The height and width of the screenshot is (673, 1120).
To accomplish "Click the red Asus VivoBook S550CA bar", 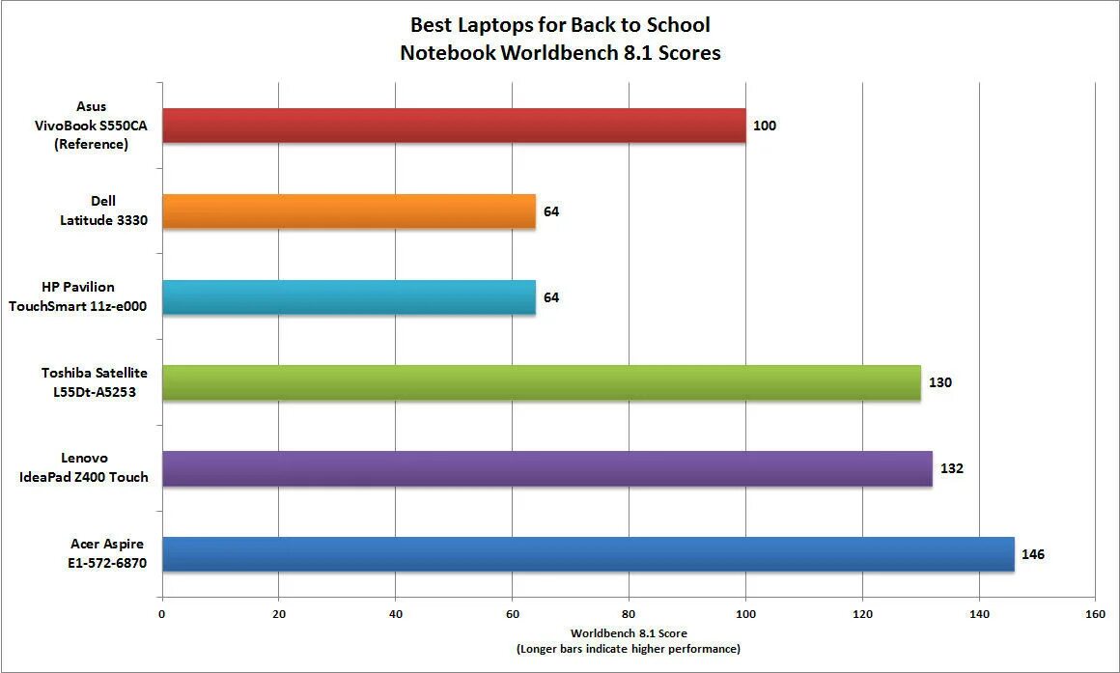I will (454, 126).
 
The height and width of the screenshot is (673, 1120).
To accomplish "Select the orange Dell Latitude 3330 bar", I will (349, 211).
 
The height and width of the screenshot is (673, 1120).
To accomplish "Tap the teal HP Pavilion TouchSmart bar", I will (349, 297).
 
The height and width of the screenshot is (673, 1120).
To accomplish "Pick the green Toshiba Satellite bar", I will (541, 382).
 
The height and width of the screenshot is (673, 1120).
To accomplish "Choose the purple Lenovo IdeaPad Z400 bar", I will (546, 468).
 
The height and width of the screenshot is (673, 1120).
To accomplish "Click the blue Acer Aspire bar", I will (588, 554).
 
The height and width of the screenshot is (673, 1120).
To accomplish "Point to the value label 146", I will (1033, 555).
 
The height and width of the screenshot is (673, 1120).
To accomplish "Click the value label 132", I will (952, 469).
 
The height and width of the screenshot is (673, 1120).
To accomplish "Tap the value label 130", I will (940, 383).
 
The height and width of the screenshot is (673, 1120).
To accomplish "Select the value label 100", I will (765, 126).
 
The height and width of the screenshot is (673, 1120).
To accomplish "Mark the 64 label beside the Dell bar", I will (551, 211).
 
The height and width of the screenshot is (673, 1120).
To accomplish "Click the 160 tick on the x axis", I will (1095, 614).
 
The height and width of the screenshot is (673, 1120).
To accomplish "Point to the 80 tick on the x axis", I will (629, 614).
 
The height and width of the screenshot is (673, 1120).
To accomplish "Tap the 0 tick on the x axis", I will (162, 614).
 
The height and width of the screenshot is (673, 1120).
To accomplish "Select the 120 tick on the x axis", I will (862, 614).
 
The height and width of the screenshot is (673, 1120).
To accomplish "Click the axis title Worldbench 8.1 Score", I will (629, 633).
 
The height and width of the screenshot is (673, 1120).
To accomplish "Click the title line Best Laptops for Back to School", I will (560, 24).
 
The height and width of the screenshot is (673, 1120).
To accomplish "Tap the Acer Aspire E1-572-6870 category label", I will (107, 554).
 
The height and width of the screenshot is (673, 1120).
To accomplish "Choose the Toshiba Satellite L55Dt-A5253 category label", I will (94, 382).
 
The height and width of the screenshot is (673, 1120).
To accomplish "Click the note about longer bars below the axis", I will (629, 648).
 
